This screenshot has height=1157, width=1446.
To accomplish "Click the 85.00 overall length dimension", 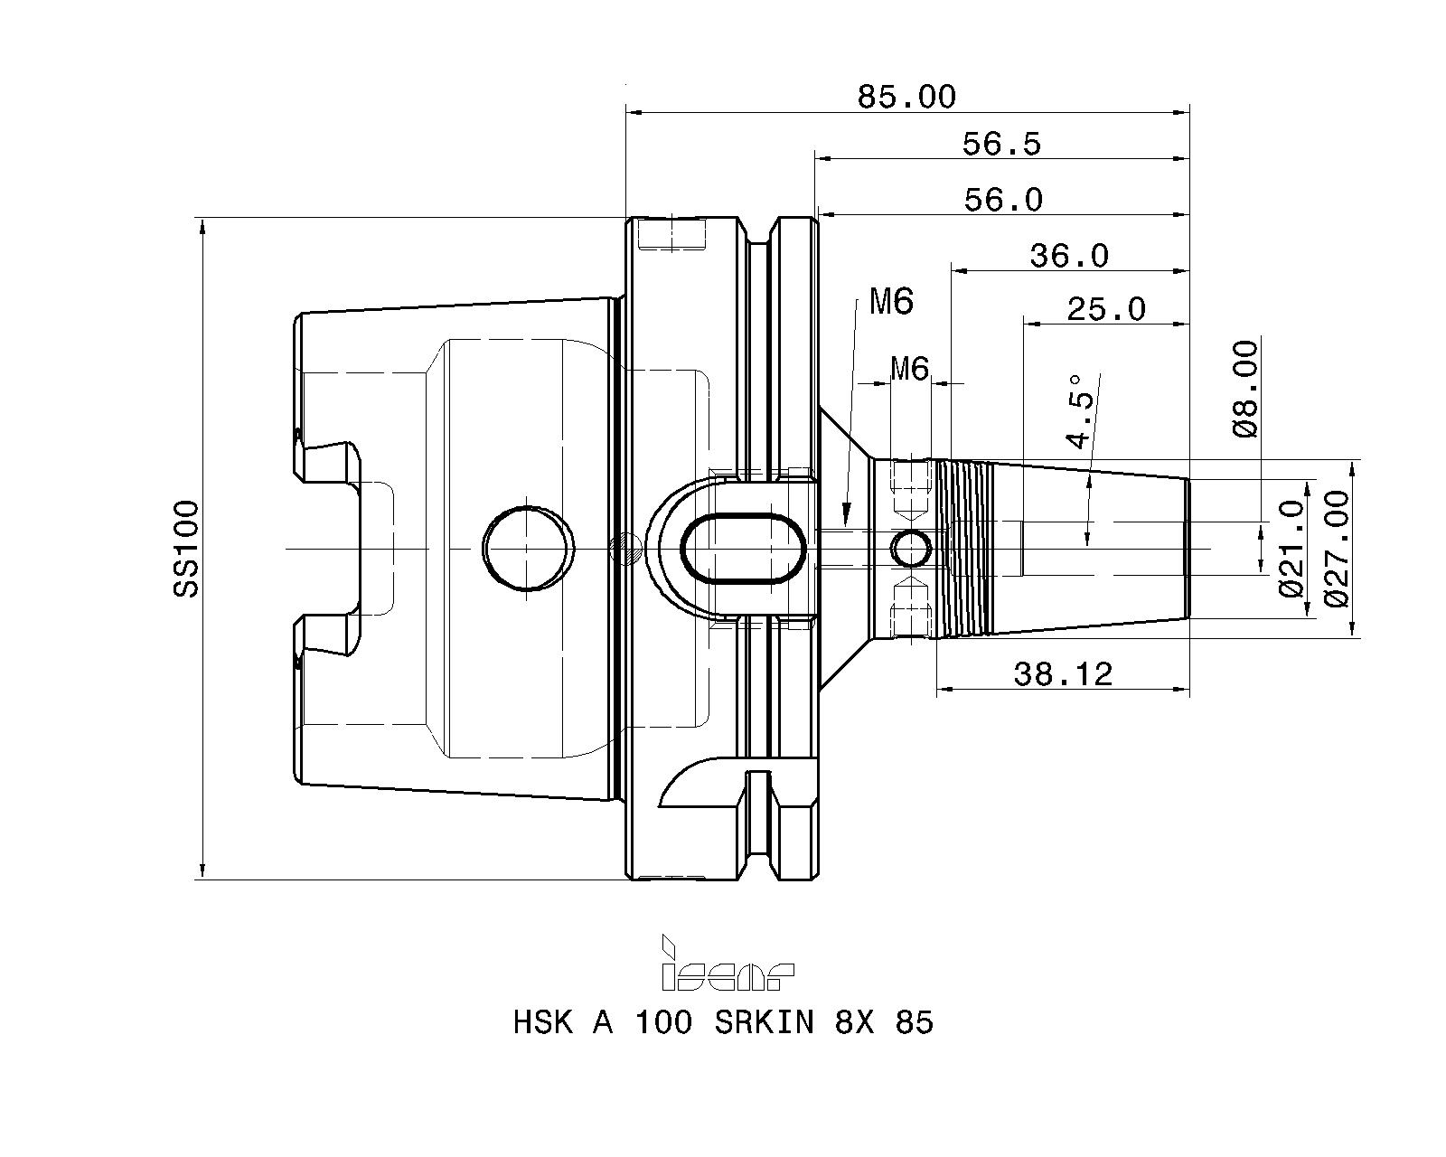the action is tap(906, 97).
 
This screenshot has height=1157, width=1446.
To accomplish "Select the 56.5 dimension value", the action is tap(1002, 144).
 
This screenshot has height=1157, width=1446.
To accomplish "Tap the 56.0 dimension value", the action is tap(1003, 200).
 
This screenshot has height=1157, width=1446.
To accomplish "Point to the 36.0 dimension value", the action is tap(1069, 256).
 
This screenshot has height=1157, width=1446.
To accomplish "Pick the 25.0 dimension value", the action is tap(1106, 309).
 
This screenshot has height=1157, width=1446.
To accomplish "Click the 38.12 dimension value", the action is tap(1063, 674).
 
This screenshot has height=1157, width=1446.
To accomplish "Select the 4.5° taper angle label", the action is tap(1080, 411).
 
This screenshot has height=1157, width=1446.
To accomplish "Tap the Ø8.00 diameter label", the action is tap(1245, 390).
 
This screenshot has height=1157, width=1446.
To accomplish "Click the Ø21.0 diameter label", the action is tap(1291, 548).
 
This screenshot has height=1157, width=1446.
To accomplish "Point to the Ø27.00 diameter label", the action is tap(1336, 549).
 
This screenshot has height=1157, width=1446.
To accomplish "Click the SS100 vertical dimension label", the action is tap(186, 549).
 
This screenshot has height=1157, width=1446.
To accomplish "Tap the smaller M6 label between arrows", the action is tap(910, 369).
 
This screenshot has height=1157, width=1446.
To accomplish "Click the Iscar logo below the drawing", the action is tap(728, 963).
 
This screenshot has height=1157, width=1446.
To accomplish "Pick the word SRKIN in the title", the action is tap(764, 1022).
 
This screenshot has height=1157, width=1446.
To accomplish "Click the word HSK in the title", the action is tap(543, 1022).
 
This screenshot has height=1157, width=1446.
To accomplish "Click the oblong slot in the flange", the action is tap(743, 550).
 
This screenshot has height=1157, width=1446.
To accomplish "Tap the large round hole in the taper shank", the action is tap(529, 548).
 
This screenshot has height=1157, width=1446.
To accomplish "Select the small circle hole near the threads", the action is tap(911, 549).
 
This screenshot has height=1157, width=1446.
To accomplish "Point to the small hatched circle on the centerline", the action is tap(624, 547).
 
